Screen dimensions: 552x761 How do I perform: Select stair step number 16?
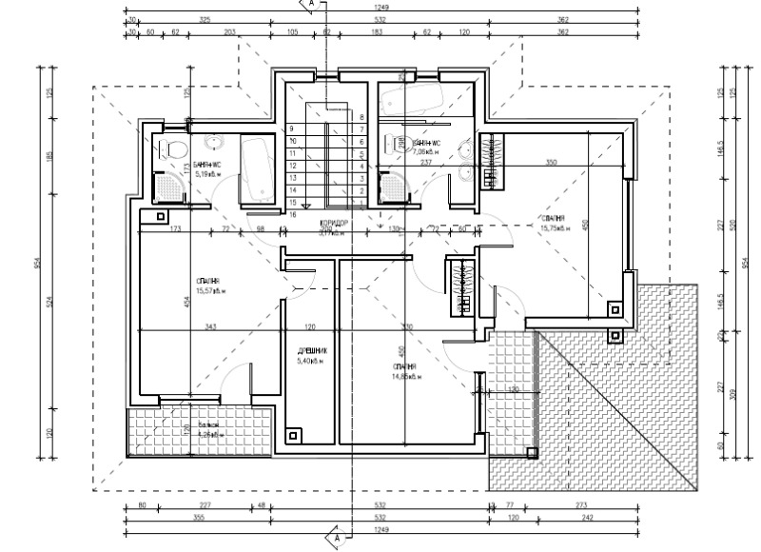click(x=293, y=215)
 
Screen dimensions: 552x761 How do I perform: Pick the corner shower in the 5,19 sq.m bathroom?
click(x=167, y=188)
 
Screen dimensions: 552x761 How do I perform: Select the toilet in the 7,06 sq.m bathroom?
click(x=392, y=147)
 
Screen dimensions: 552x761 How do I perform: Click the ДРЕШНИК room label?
click(x=312, y=350)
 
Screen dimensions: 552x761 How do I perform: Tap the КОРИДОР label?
click(x=335, y=224)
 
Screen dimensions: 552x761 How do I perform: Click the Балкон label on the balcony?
click(x=208, y=425)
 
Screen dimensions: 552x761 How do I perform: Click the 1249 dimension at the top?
click(x=382, y=7)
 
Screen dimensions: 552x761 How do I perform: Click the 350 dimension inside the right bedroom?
click(x=550, y=163)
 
